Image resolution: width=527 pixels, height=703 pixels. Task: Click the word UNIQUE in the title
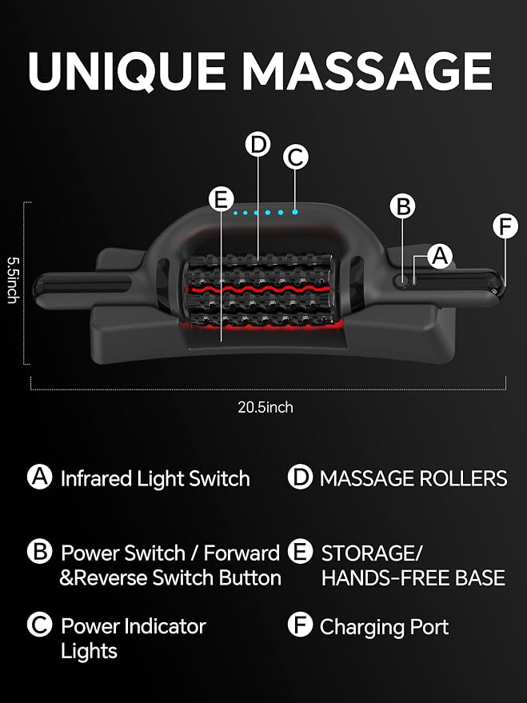point(126,71)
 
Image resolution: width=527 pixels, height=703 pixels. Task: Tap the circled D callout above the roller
point(258,145)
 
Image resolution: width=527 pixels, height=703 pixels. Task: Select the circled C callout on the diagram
point(296,158)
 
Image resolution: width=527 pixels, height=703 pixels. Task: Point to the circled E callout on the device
point(222,198)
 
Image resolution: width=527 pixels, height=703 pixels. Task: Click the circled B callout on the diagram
point(402,206)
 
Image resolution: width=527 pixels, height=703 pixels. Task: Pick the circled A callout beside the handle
point(440,256)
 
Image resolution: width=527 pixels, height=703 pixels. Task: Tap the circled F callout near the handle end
point(505,226)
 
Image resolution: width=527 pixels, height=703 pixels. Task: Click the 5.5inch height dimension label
point(13,280)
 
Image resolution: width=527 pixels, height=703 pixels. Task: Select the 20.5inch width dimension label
point(265,407)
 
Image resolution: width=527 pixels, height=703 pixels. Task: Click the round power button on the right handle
point(401,281)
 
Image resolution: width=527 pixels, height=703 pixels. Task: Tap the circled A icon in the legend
point(40,477)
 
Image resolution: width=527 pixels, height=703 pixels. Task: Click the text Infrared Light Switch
point(155,478)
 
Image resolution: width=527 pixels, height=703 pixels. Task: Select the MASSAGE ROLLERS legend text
point(413,478)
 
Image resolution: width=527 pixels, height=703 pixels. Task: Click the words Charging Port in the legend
point(384,627)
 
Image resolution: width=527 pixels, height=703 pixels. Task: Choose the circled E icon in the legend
point(300,551)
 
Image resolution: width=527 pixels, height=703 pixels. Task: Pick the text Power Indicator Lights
point(133,638)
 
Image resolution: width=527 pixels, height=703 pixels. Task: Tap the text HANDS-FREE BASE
point(413,577)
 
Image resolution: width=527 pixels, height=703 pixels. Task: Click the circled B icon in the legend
point(40,551)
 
